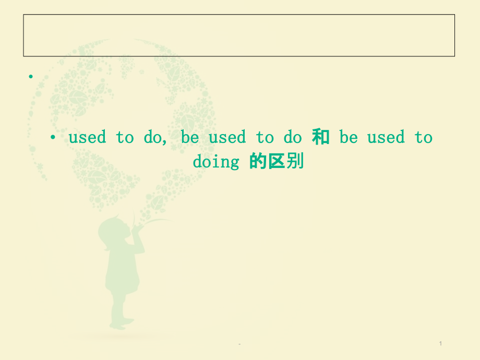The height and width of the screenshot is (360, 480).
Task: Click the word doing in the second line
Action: [x=215, y=162]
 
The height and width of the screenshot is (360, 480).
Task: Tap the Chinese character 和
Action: [x=321, y=137]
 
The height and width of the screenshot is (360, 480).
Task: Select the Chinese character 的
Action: [x=258, y=162]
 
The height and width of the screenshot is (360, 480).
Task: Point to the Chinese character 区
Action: [x=277, y=162]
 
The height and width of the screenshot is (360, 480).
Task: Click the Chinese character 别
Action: [x=295, y=162]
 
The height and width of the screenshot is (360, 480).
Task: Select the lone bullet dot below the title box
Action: [x=31, y=77]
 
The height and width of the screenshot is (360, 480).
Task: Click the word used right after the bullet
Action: [x=87, y=138]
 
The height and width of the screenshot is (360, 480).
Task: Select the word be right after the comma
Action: [x=190, y=138]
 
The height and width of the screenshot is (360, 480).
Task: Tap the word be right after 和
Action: [x=349, y=138]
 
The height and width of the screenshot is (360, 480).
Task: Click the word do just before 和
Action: [x=293, y=138]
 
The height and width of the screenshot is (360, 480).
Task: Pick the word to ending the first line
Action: [x=424, y=138]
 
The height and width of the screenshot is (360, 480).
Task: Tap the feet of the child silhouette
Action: [x=119, y=325]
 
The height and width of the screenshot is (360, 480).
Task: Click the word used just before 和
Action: [x=227, y=138]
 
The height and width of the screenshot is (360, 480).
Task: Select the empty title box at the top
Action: [x=239, y=35]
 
